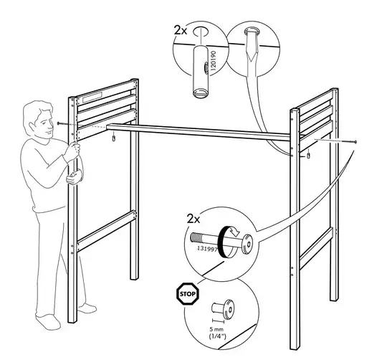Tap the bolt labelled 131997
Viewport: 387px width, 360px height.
coord(222,241)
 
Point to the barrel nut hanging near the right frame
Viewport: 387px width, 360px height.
coord(309,155)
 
